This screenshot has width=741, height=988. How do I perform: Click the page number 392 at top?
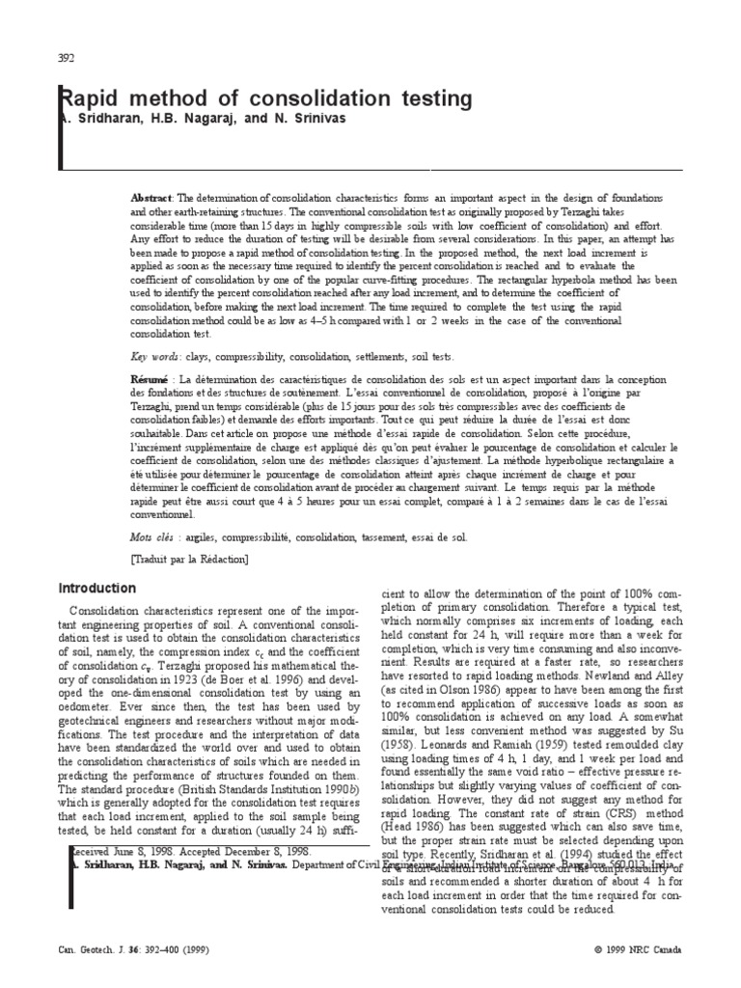68,57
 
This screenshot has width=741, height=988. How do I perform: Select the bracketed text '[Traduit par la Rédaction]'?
189,559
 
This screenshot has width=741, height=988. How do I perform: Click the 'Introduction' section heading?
98,589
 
